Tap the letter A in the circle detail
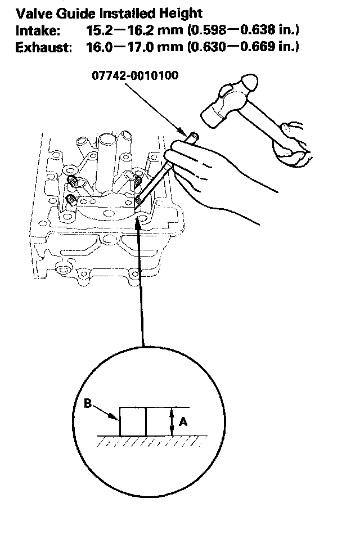coord(183,420)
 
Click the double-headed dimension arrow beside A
coord(172,421)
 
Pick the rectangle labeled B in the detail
coord(133,421)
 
